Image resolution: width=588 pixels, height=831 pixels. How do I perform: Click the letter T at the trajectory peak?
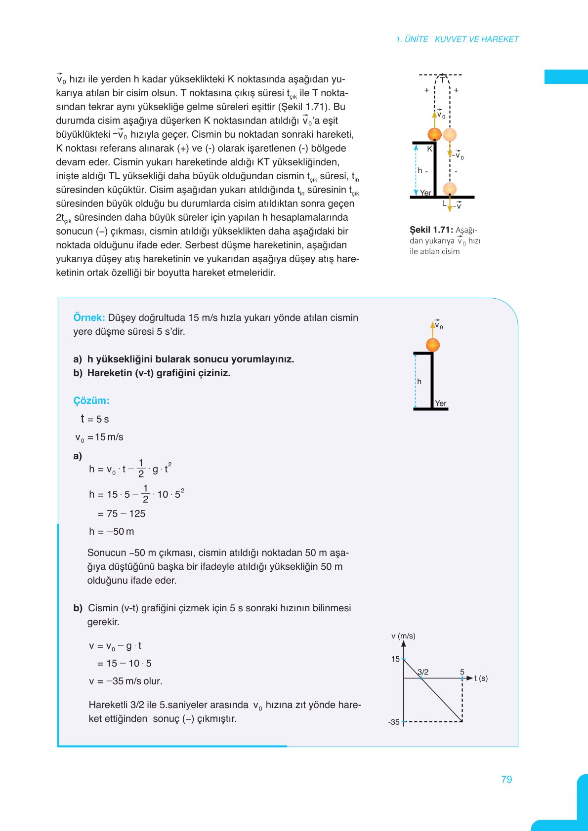pos(442,80)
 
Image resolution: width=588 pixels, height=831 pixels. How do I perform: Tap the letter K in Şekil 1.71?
pos(429,149)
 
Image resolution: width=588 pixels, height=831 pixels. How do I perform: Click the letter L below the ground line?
pos(444,203)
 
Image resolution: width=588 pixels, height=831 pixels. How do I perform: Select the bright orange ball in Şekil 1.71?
pos(434,134)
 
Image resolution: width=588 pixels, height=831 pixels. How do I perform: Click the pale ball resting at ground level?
pos(450,188)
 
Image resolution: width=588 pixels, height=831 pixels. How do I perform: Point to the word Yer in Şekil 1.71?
pos(425,193)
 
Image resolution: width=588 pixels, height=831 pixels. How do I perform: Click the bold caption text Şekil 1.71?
pos(431,230)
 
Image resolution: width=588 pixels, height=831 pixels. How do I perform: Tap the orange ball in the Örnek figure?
pos(433,345)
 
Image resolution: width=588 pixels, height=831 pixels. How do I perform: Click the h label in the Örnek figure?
pos(419,382)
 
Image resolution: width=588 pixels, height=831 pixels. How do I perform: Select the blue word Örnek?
pos(89,317)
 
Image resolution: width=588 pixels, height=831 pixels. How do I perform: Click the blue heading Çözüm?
pos(91,400)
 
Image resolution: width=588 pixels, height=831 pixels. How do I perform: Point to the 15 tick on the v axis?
pos(395,659)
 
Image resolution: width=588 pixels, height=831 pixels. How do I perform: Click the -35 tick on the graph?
pos(394,722)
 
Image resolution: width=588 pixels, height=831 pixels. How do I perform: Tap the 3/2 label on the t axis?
pos(423,672)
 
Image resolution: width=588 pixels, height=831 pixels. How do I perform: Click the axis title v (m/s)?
pos(403,636)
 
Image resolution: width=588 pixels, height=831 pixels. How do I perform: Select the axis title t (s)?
pos(481,678)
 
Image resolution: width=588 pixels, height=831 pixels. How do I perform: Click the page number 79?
pos(506,779)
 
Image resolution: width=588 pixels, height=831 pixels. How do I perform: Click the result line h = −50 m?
pos(111,531)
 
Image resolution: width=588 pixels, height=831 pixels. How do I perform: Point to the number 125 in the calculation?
pos(137,514)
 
